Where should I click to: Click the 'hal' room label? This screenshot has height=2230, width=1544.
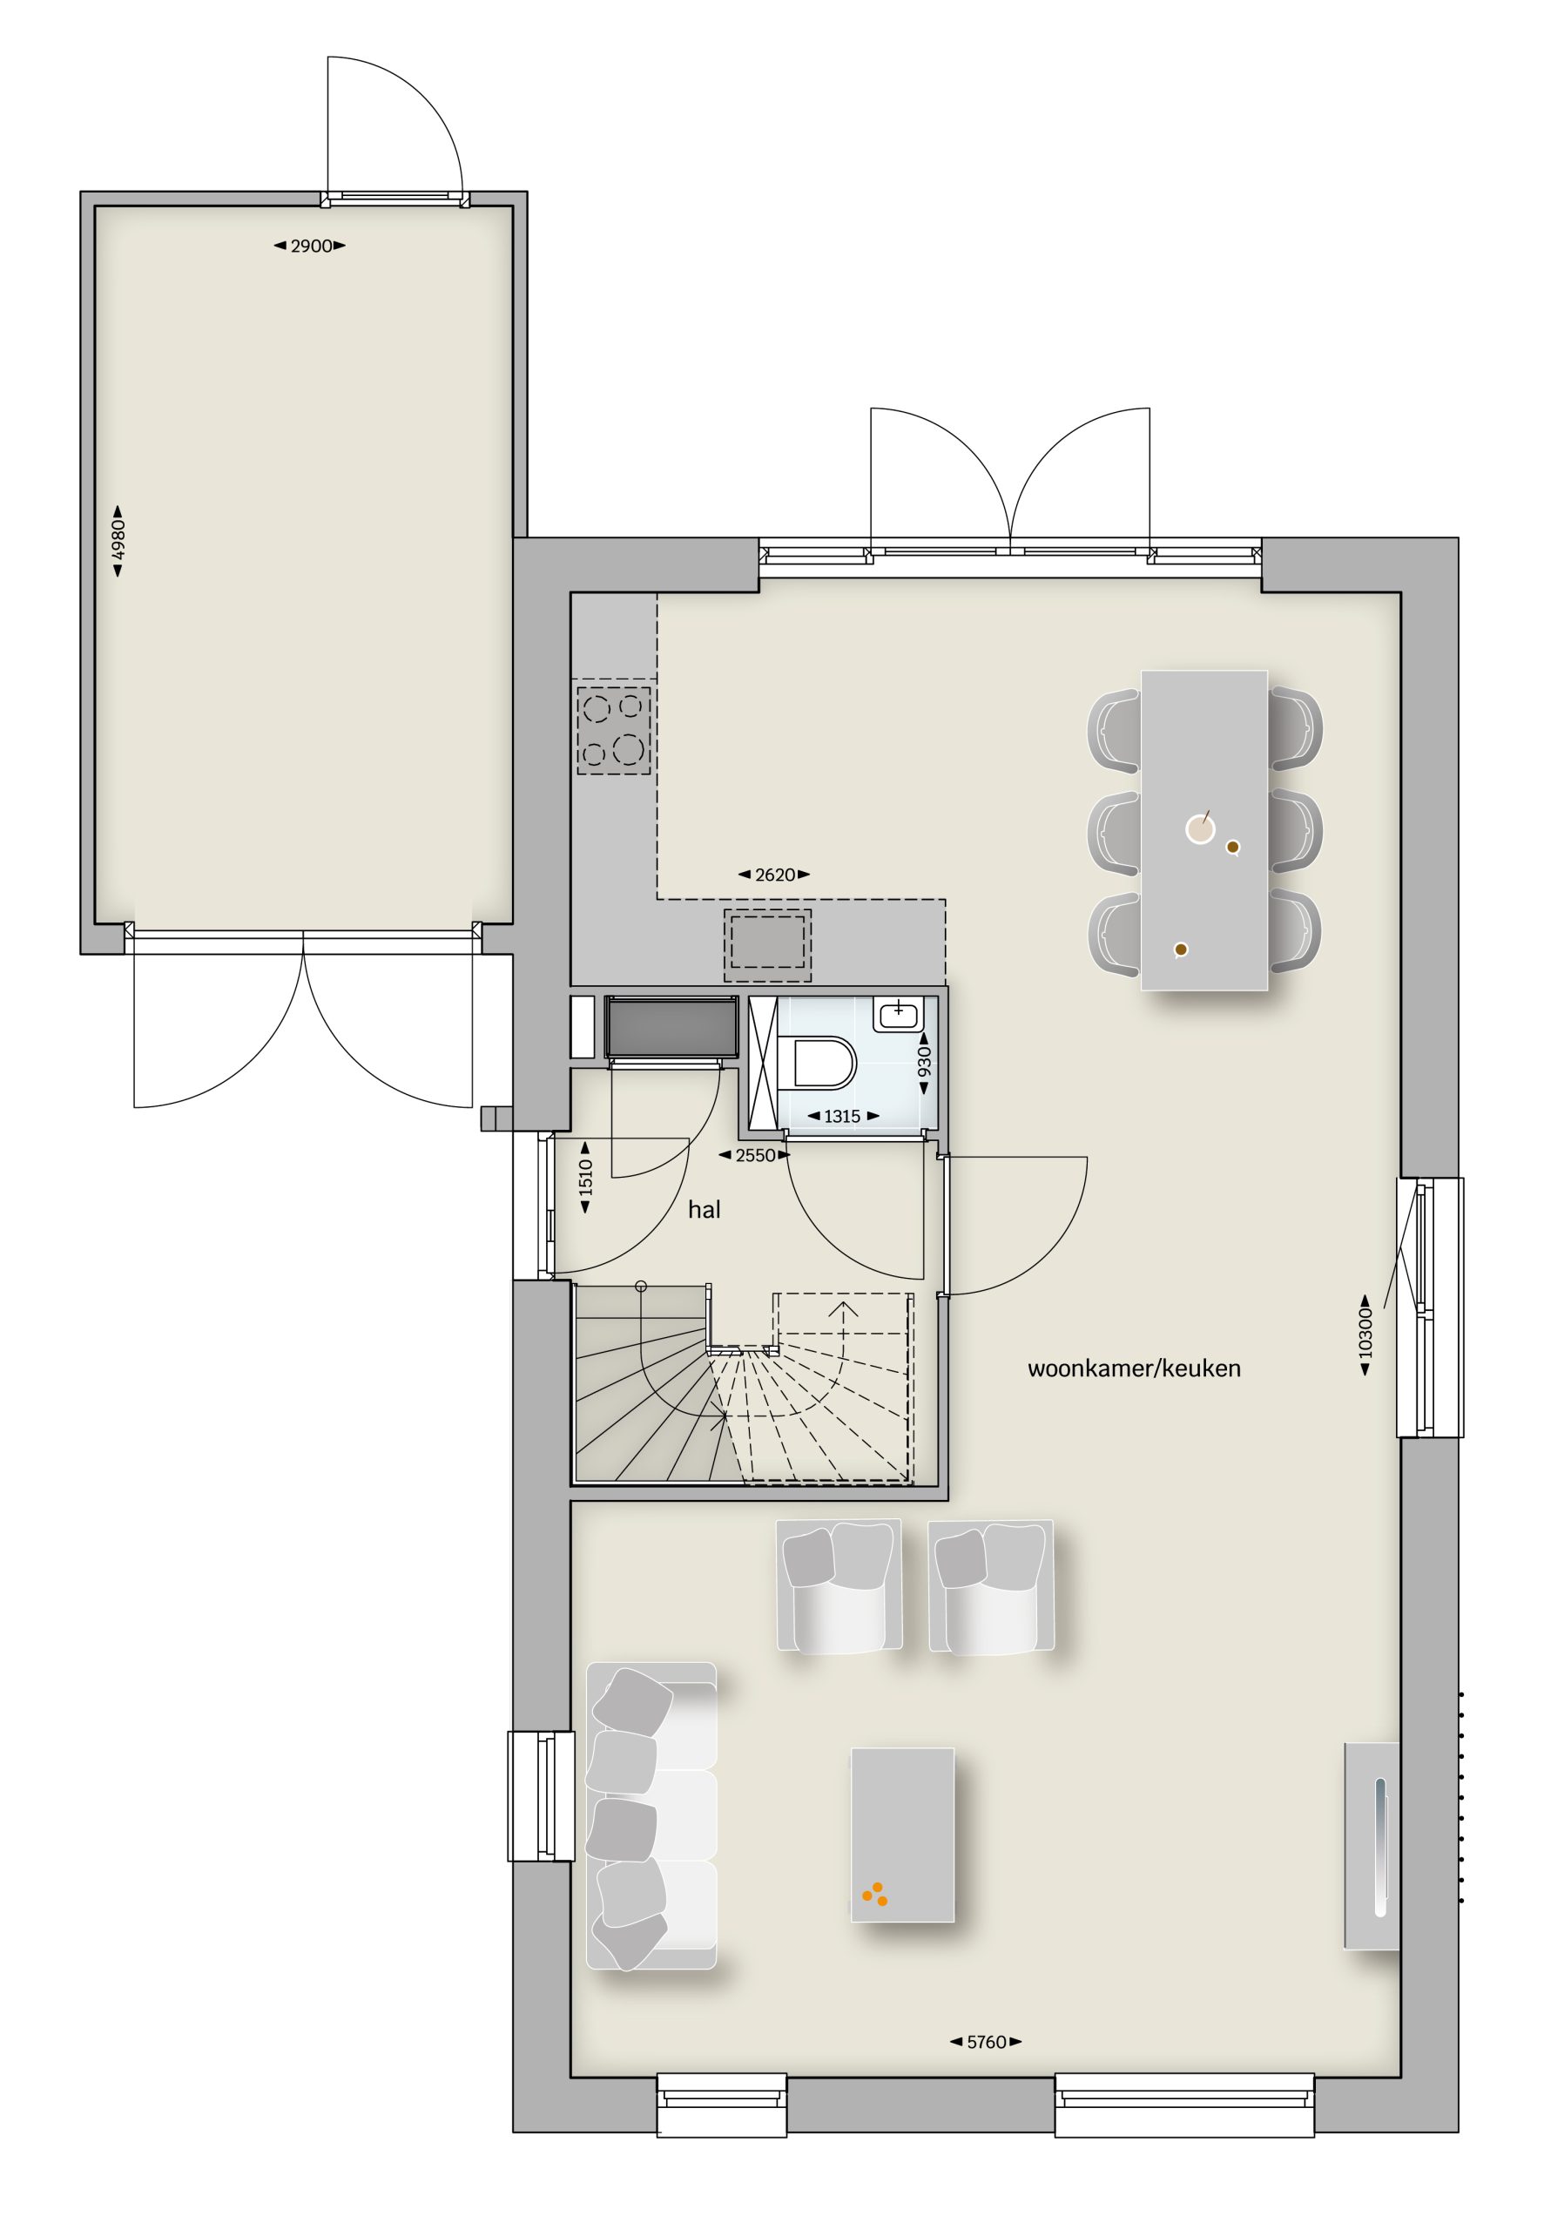[x=704, y=1209]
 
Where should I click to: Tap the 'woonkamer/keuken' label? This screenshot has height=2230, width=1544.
[x=1134, y=1368]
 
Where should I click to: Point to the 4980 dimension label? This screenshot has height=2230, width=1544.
[x=118, y=541]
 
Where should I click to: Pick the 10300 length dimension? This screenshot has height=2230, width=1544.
[x=1365, y=1335]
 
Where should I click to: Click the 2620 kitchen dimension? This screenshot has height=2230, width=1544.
[x=774, y=875]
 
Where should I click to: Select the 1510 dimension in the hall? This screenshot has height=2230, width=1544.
[x=585, y=1178]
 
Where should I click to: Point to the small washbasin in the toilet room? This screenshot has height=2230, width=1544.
[x=899, y=1013]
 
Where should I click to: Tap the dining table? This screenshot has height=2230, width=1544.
[x=1204, y=830]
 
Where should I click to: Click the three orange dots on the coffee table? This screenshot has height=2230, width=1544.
[x=874, y=1894]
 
